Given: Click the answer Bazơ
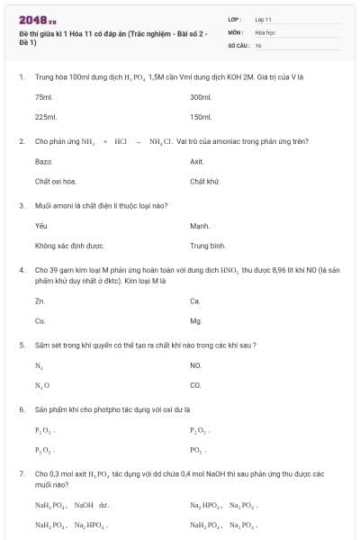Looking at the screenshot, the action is tap(43, 161).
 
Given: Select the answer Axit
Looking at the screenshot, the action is tap(197, 161).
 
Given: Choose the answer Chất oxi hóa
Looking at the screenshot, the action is tap(55, 181).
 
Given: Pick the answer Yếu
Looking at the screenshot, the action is tap(40, 225).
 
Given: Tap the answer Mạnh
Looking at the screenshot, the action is tap(200, 225).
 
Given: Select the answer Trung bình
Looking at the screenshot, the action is tap(207, 245).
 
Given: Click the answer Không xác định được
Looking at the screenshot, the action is tap(69, 245).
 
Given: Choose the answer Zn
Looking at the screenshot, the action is tap(40, 301).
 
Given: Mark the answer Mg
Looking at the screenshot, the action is tap(196, 320).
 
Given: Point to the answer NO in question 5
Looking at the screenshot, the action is tap(196, 364).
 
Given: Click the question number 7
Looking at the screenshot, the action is tap(21, 472).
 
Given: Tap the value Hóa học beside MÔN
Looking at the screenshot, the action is tap(265, 31).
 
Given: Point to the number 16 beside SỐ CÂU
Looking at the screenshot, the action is tap(258, 44).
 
